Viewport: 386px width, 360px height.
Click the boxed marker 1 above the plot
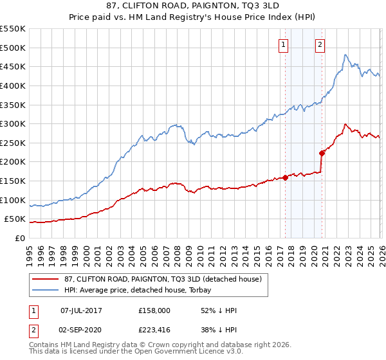284,44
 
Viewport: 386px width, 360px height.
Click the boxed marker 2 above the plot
320,44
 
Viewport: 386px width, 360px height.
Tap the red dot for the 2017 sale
285,177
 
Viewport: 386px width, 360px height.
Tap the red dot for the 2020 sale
321,153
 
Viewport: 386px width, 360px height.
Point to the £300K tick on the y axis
14,123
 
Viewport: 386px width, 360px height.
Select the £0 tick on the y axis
21,238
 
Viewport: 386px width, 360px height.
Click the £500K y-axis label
14,48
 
